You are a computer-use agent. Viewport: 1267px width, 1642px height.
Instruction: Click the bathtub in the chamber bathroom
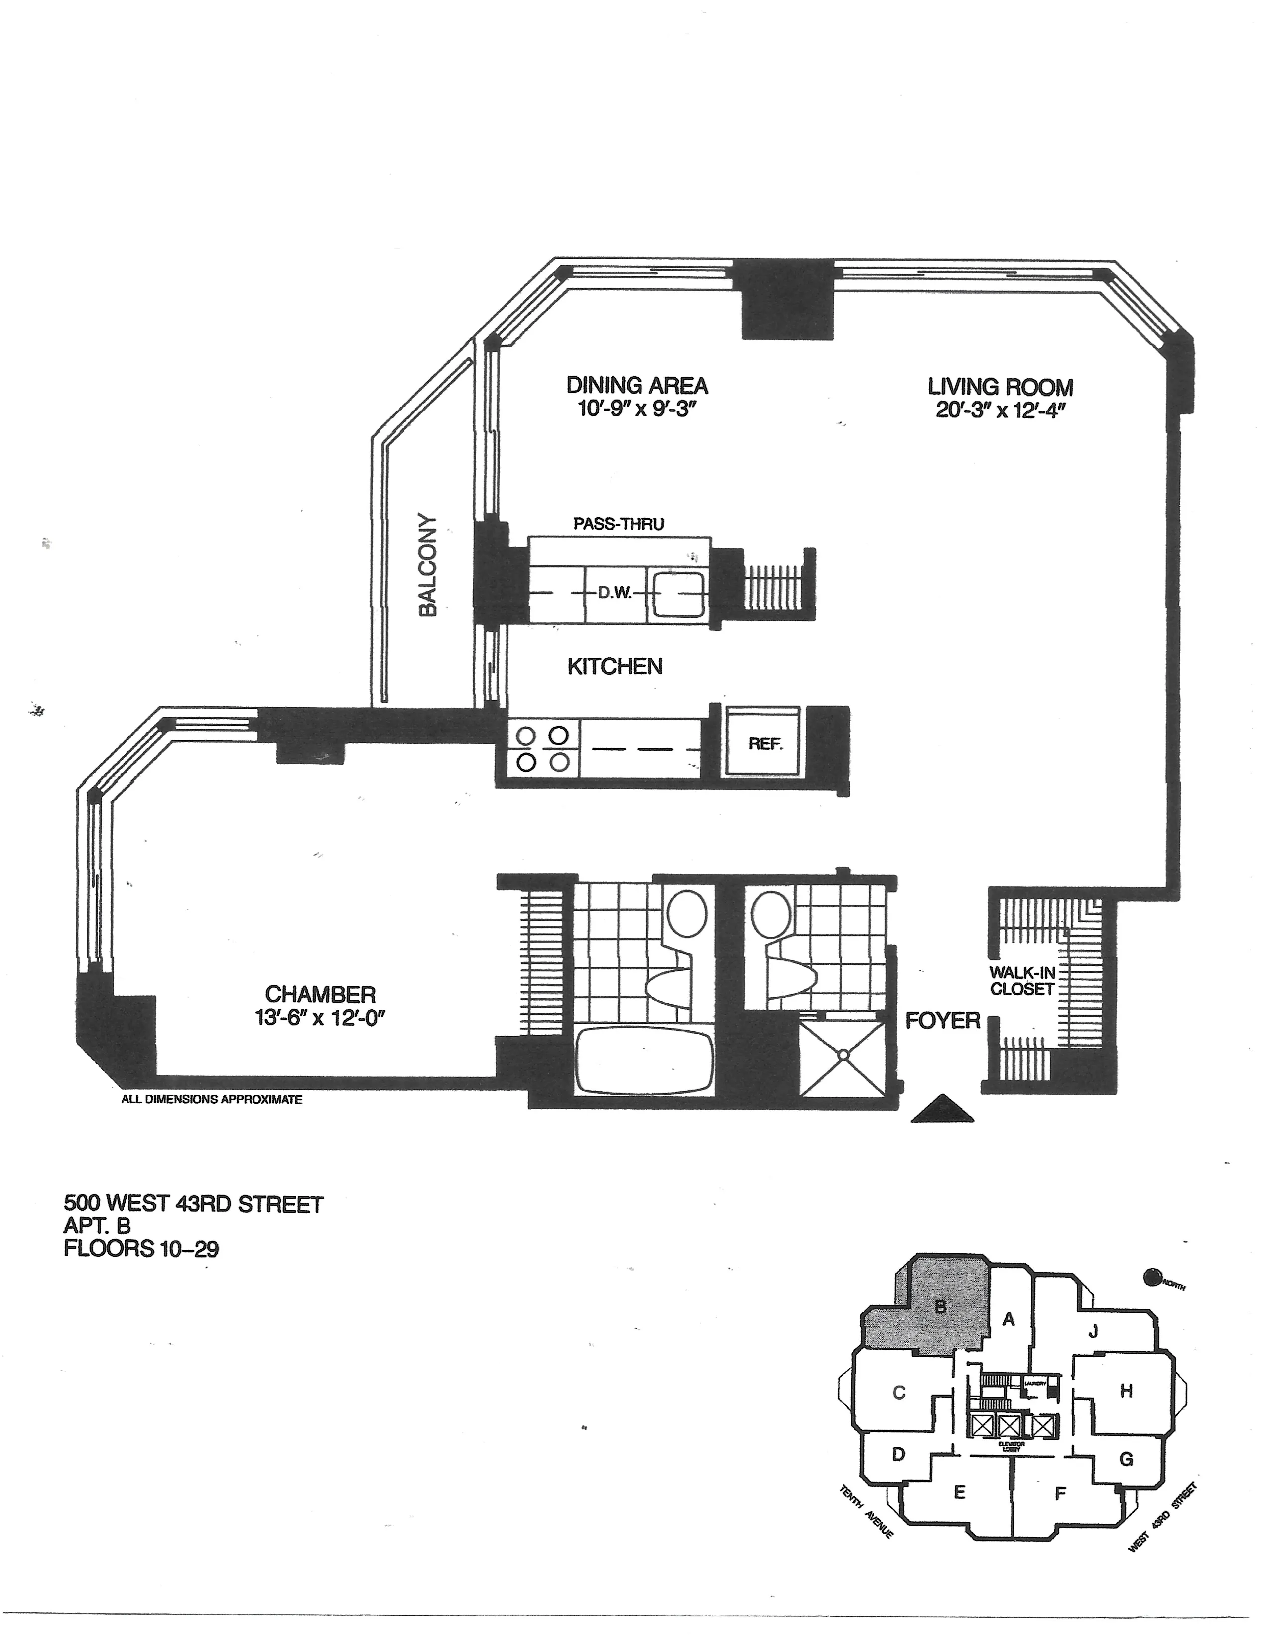643,1061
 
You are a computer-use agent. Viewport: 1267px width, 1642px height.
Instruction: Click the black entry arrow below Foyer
942,1109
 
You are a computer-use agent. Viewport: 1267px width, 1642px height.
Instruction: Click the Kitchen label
615,666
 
